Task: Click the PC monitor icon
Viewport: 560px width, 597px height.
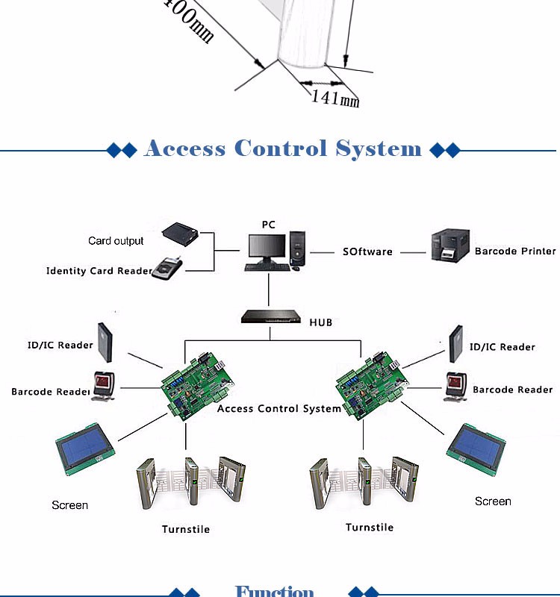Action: pyautogui.click(x=267, y=249)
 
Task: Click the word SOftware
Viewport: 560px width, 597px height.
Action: pyautogui.click(x=367, y=252)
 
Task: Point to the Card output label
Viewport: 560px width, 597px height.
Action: pyautogui.click(x=116, y=241)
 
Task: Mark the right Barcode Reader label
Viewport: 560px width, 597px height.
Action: pyautogui.click(x=513, y=390)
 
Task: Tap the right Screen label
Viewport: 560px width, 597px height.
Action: pyautogui.click(x=493, y=501)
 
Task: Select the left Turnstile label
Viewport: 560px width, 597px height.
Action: pyautogui.click(x=186, y=529)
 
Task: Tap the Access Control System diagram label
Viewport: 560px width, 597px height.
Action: pyautogui.click(x=279, y=409)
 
